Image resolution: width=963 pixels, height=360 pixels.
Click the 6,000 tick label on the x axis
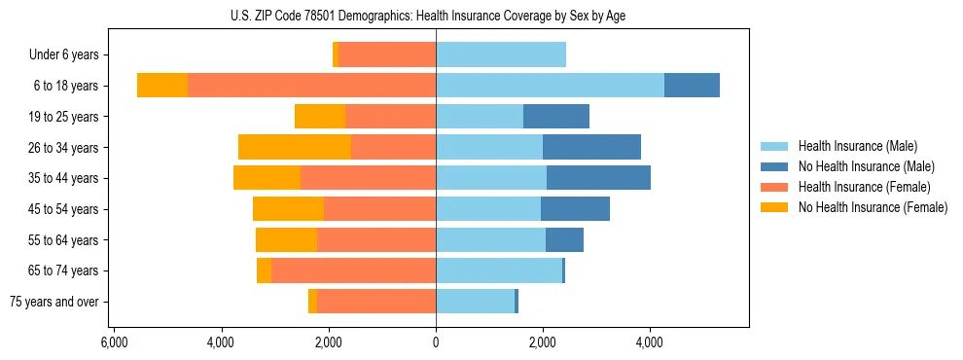pos(114,342)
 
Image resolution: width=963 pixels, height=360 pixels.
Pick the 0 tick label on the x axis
pos(436,342)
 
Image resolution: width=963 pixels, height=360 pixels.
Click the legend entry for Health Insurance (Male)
pos(857,146)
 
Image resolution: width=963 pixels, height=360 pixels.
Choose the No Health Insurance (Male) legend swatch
pos(774,166)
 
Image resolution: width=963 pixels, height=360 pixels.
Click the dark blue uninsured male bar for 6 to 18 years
pos(692,86)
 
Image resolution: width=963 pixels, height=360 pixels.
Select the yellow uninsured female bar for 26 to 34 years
pos(295,147)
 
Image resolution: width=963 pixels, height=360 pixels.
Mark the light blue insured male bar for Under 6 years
pos(501,55)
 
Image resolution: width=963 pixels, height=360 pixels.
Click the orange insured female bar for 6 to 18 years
pos(311,86)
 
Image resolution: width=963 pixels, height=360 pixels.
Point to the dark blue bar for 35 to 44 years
pos(598,178)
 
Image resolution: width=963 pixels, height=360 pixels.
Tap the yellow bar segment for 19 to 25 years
pos(320,117)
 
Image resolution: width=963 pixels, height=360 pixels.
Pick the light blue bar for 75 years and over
pos(475,302)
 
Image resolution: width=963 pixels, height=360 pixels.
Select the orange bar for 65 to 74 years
pos(353,270)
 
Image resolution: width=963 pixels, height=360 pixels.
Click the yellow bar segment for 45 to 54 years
pos(288,209)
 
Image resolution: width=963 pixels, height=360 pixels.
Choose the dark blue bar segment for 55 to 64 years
pos(564,239)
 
